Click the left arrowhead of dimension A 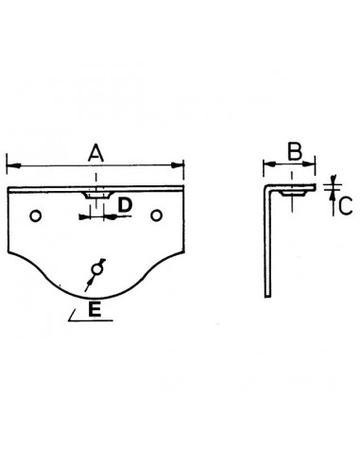coord(9,166)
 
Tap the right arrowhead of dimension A coord(182,166)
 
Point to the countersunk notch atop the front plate coord(95,193)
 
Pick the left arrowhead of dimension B coord(265,166)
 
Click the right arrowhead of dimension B coord(317,166)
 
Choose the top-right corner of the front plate coord(182,188)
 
